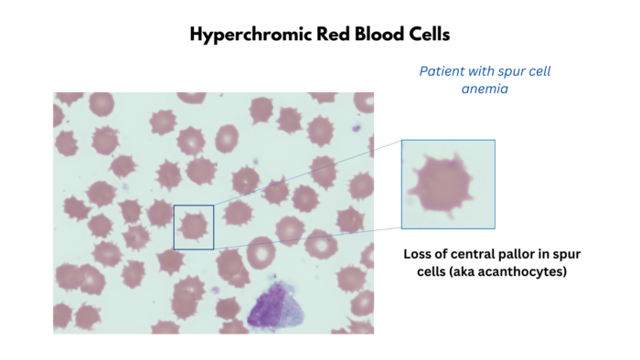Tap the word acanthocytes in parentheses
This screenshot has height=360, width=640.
520,271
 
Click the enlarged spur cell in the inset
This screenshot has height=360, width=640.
446,184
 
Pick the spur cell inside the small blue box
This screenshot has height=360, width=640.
194,226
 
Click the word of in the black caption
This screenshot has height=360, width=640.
444,253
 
